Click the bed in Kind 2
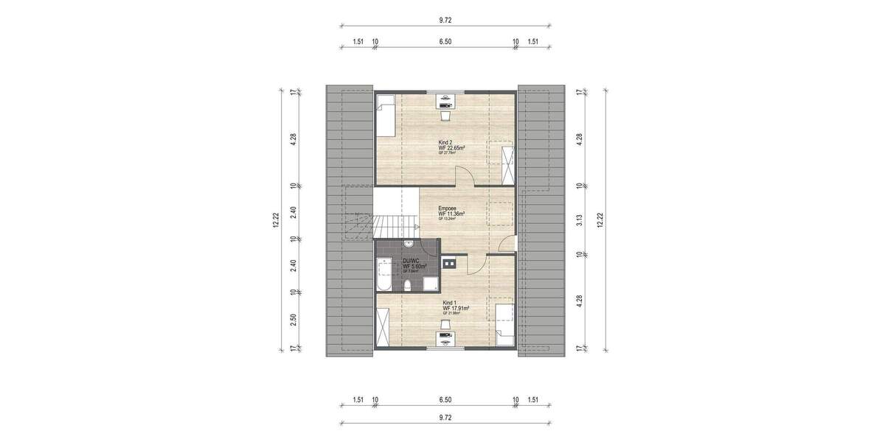(385, 116)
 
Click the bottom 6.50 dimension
(445, 401)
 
